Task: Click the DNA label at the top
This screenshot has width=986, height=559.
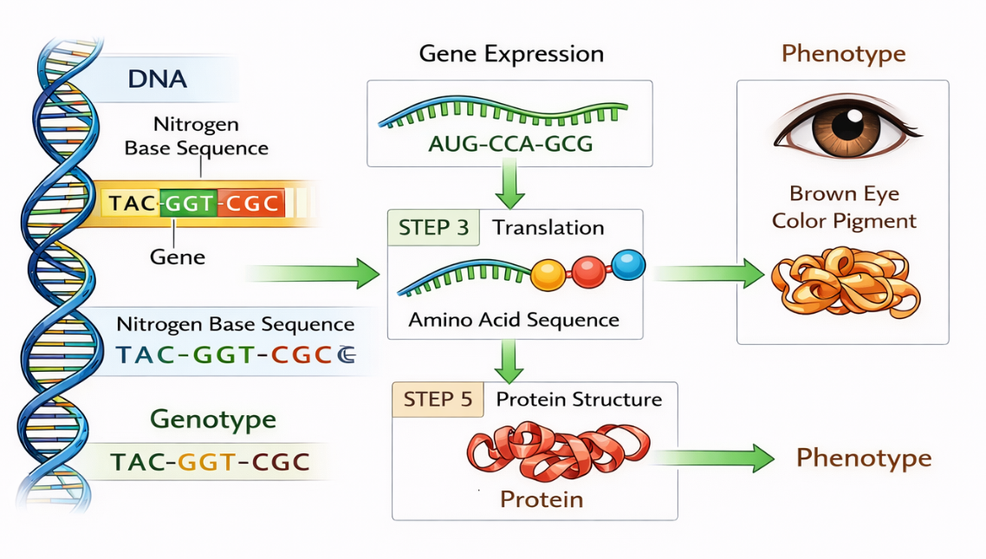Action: tap(157, 79)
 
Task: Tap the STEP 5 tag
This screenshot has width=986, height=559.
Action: tap(439, 400)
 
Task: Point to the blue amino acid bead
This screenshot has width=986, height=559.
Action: tap(628, 263)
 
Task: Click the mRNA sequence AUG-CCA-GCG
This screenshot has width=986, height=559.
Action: tap(510, 144)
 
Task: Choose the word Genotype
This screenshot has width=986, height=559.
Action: tap(213, 419)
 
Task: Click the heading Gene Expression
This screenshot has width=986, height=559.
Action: tap(511, 54)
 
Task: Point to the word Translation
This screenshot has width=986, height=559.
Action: tap(548, 228)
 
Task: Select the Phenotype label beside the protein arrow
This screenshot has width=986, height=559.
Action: tap(863, 458)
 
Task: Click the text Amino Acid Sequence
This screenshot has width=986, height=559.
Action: tap(514, 320)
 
